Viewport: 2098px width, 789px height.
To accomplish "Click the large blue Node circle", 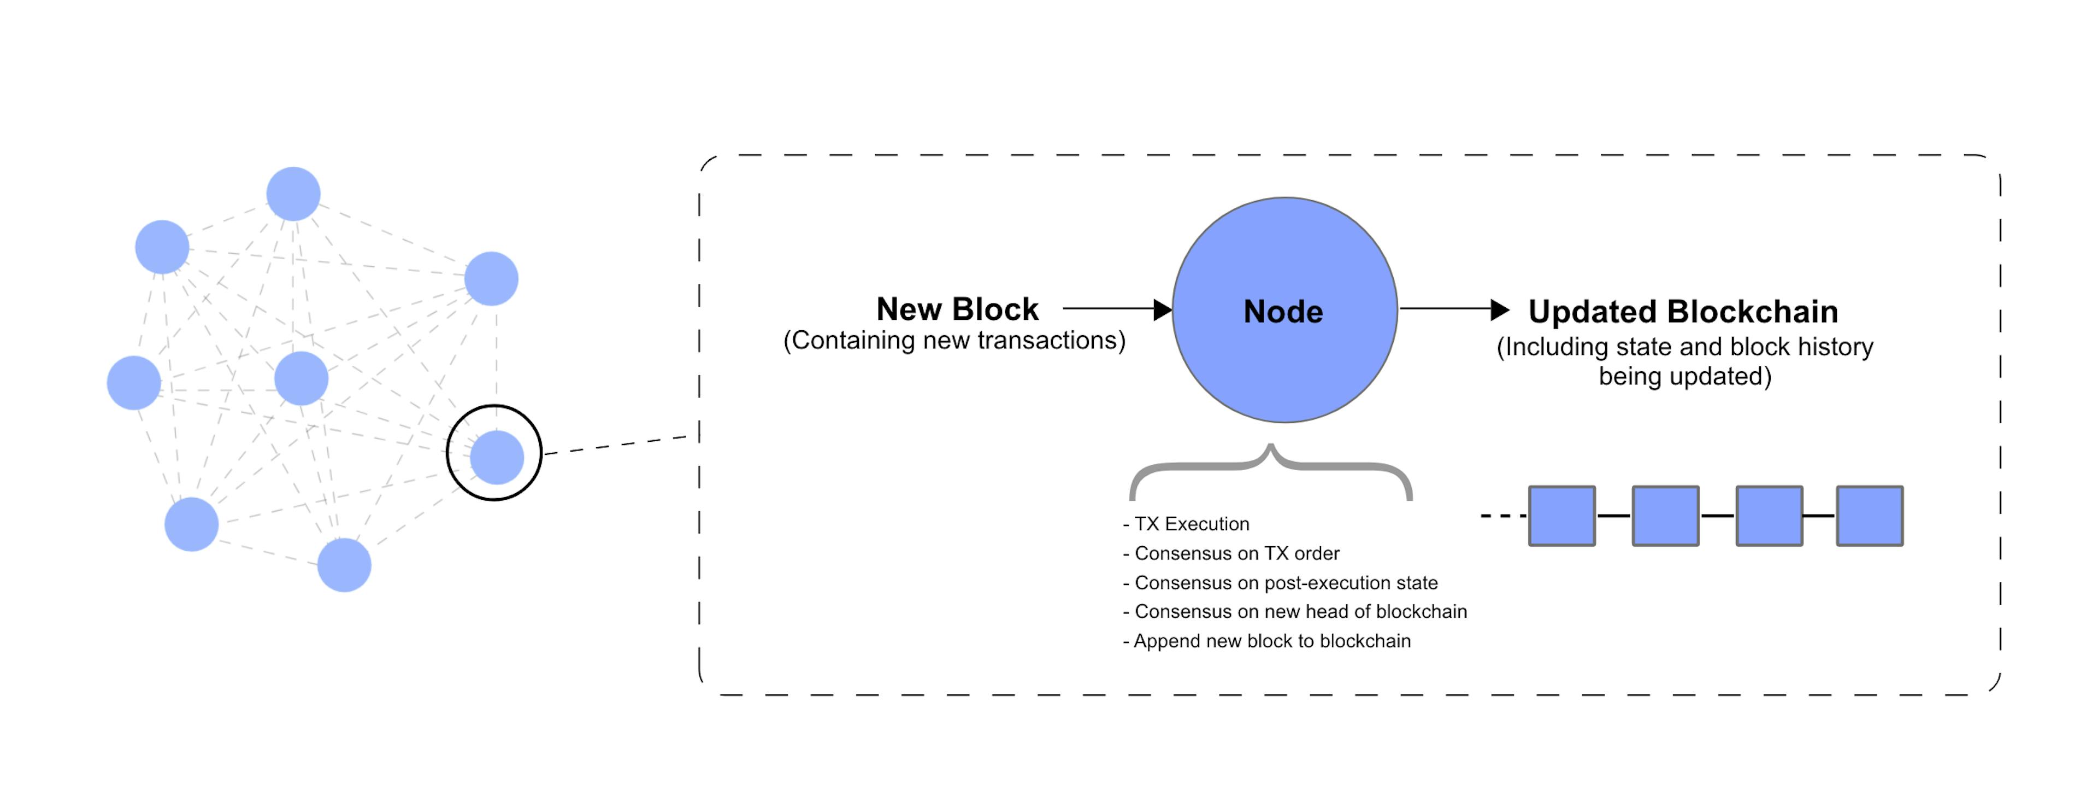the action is pyautogui.click(x=1284, y=309).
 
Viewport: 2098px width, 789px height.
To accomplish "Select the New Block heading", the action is pyautogui.click(x=957, y=309).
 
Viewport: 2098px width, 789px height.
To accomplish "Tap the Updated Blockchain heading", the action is pyautogui.click(x=1683, y=311).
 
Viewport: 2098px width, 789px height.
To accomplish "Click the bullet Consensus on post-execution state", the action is pyautogui.click(x=1280, y=583).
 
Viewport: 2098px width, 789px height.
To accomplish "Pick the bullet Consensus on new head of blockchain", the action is pyautogui.click(x=1295, y=611).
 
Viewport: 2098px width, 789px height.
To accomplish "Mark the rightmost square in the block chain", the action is pyautogui.click(x=1870, y=516).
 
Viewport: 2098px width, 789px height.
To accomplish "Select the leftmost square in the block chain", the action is pyautogui.click(x=1562, y=516).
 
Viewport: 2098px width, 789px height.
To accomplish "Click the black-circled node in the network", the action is pyautogui.click(x=496, y=457).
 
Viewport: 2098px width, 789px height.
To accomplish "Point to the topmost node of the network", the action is pyautogui.click(x=293, y=194).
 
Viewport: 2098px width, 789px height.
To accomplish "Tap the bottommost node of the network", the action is pyautogui.click(x=345, y=565).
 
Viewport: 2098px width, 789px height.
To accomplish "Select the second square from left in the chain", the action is pyautogui.click(x=1665, y=516).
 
